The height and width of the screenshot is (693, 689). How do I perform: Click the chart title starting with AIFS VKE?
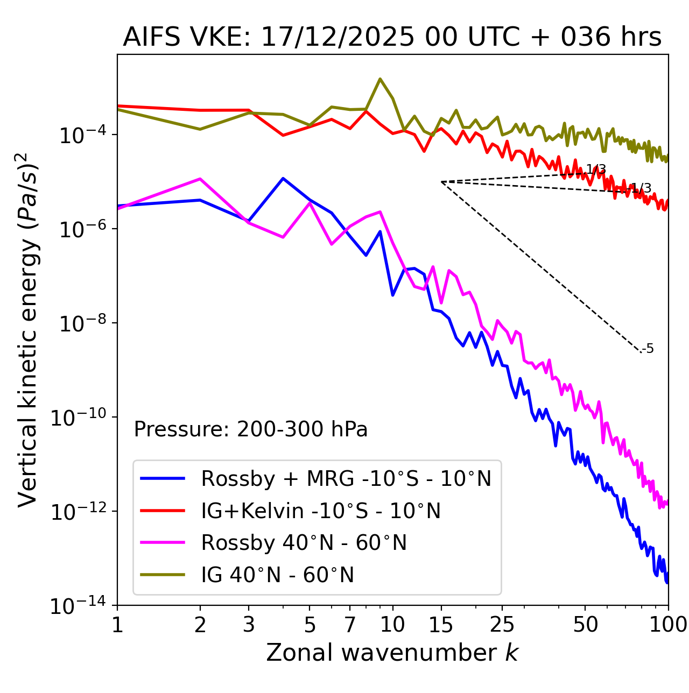[x=392, y=38]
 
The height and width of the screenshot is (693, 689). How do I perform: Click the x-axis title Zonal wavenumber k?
[x=392, y=653]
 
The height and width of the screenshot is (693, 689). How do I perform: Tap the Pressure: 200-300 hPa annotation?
[x=251, y=429]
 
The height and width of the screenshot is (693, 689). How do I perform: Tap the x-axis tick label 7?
[x=350, y=625]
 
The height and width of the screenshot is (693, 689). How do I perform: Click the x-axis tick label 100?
[x=667, y=625]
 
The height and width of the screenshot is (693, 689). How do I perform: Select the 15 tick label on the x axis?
[x=441, y=625]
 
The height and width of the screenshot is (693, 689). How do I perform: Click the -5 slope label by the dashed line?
[x=648, y=349]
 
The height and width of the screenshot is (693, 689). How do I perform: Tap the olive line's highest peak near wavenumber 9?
[x=380, y=79]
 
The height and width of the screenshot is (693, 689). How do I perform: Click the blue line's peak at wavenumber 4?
[x=283, y=178]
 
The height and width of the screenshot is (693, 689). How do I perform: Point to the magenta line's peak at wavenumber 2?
[x=200, y=179]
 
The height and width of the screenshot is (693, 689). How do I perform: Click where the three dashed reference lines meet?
[x=441, y=182]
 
